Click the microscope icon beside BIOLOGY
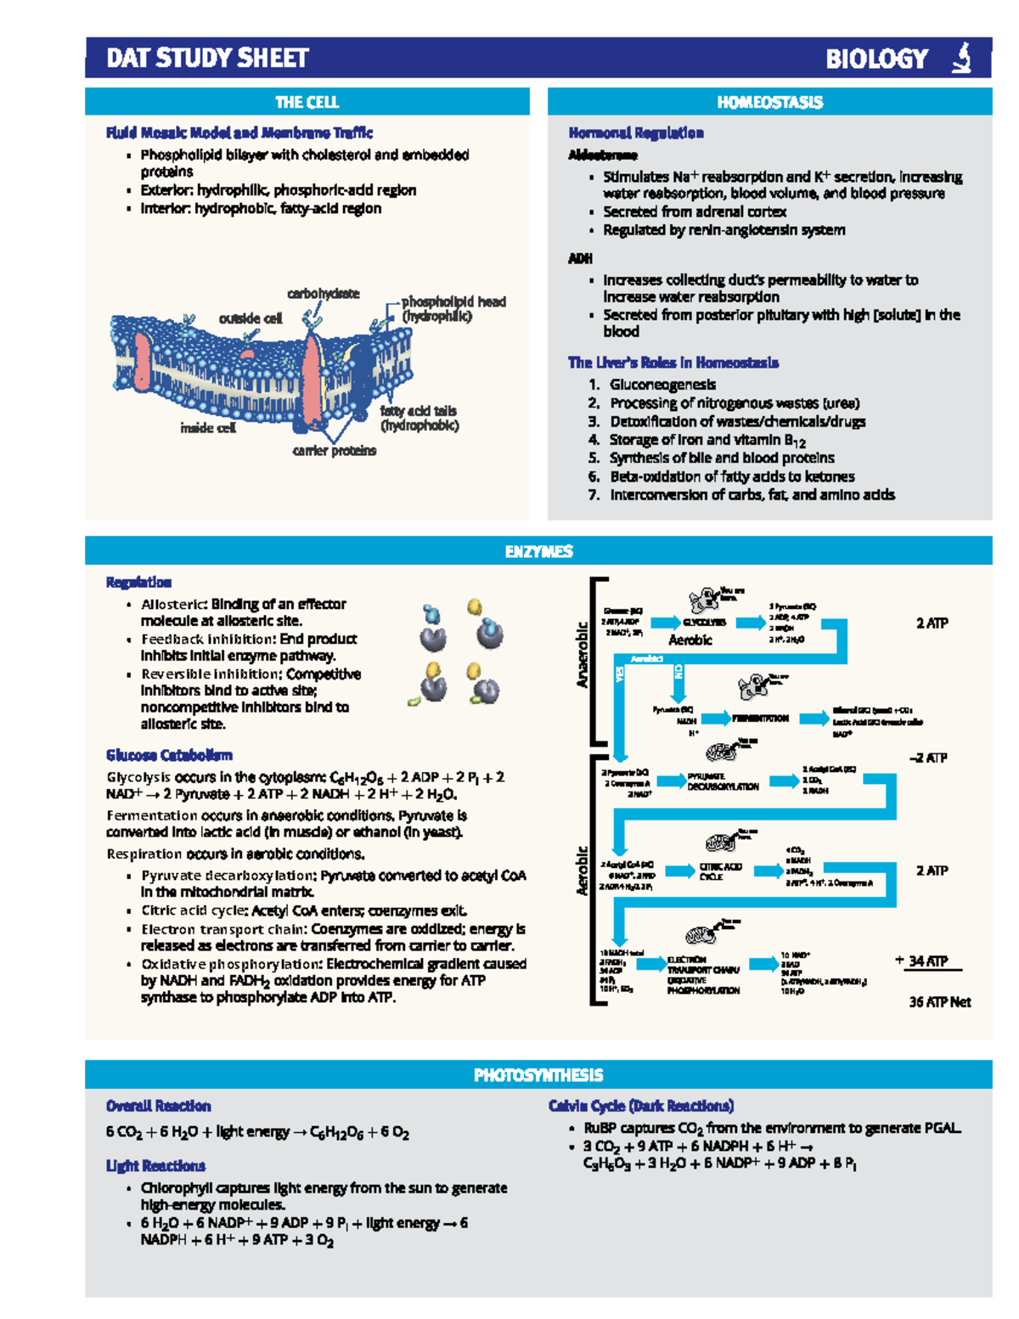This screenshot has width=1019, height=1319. [961, 59]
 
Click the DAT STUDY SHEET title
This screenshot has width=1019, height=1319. [207, 59]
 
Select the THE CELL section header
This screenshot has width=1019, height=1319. [307, 103]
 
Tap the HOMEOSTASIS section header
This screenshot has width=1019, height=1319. [769, 103]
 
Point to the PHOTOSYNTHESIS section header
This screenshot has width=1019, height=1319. [538, 1075]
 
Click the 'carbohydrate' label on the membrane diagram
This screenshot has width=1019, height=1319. [323, 294]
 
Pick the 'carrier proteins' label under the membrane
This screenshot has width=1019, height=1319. [334, 451]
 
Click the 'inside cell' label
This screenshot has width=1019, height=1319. [208, 428]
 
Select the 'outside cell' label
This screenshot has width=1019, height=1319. [251, 318]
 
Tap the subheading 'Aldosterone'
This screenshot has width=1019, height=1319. [603, 155]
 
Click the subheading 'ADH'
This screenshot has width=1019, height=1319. [581, 258]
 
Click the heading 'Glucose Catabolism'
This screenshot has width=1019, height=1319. [169, 755]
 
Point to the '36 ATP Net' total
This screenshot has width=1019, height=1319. [939, 1002]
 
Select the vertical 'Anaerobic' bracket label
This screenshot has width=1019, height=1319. [583, 655]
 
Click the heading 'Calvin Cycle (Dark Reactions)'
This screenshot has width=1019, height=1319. [641, 1106]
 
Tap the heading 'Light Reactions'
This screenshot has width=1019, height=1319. [155, 1166]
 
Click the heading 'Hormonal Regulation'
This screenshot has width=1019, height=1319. [636, 133]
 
